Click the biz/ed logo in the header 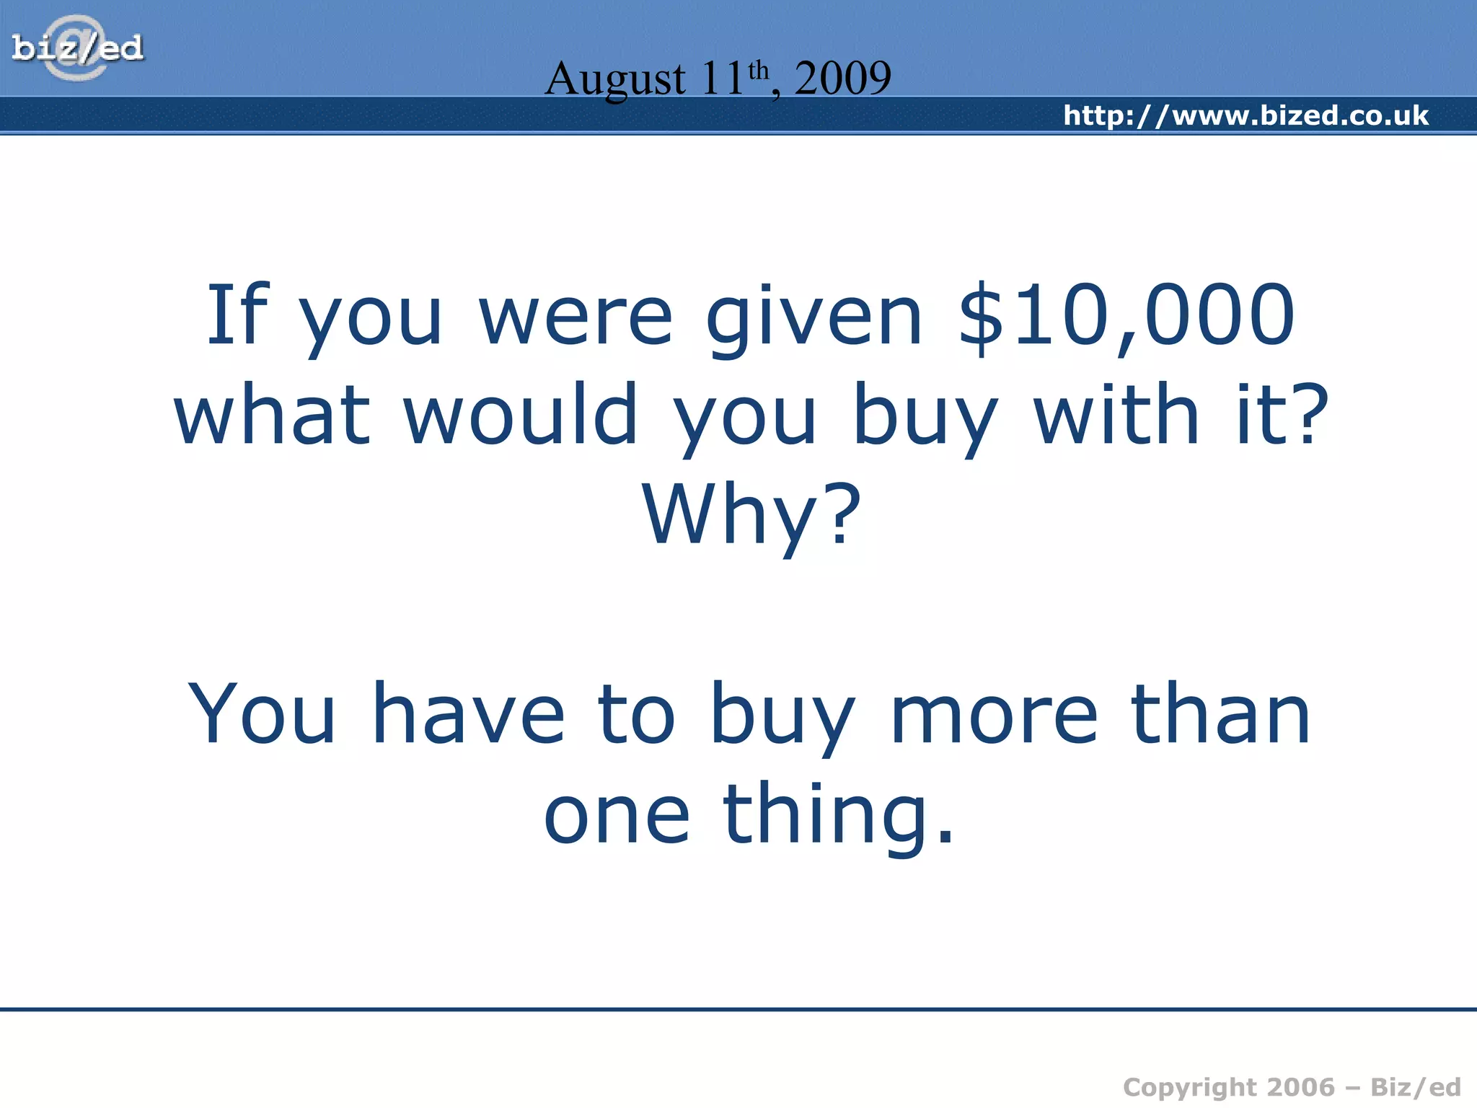(x=78, y=48)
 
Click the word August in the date (x=614, y=79)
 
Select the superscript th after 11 (x=759, y=71)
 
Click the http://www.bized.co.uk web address (x=1245, y=115)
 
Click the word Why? (x=751, y=515)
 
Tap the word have (x=468, y=714)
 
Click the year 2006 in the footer (x=1301, y=1086)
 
